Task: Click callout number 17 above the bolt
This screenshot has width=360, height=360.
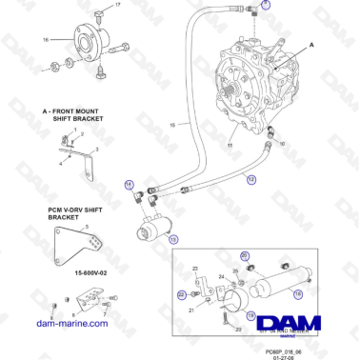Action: [x=118, y=6]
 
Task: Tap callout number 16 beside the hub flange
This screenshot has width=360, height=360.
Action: [x=46, y=40]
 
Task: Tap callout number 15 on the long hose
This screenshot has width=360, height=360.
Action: [x=171, y=124]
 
